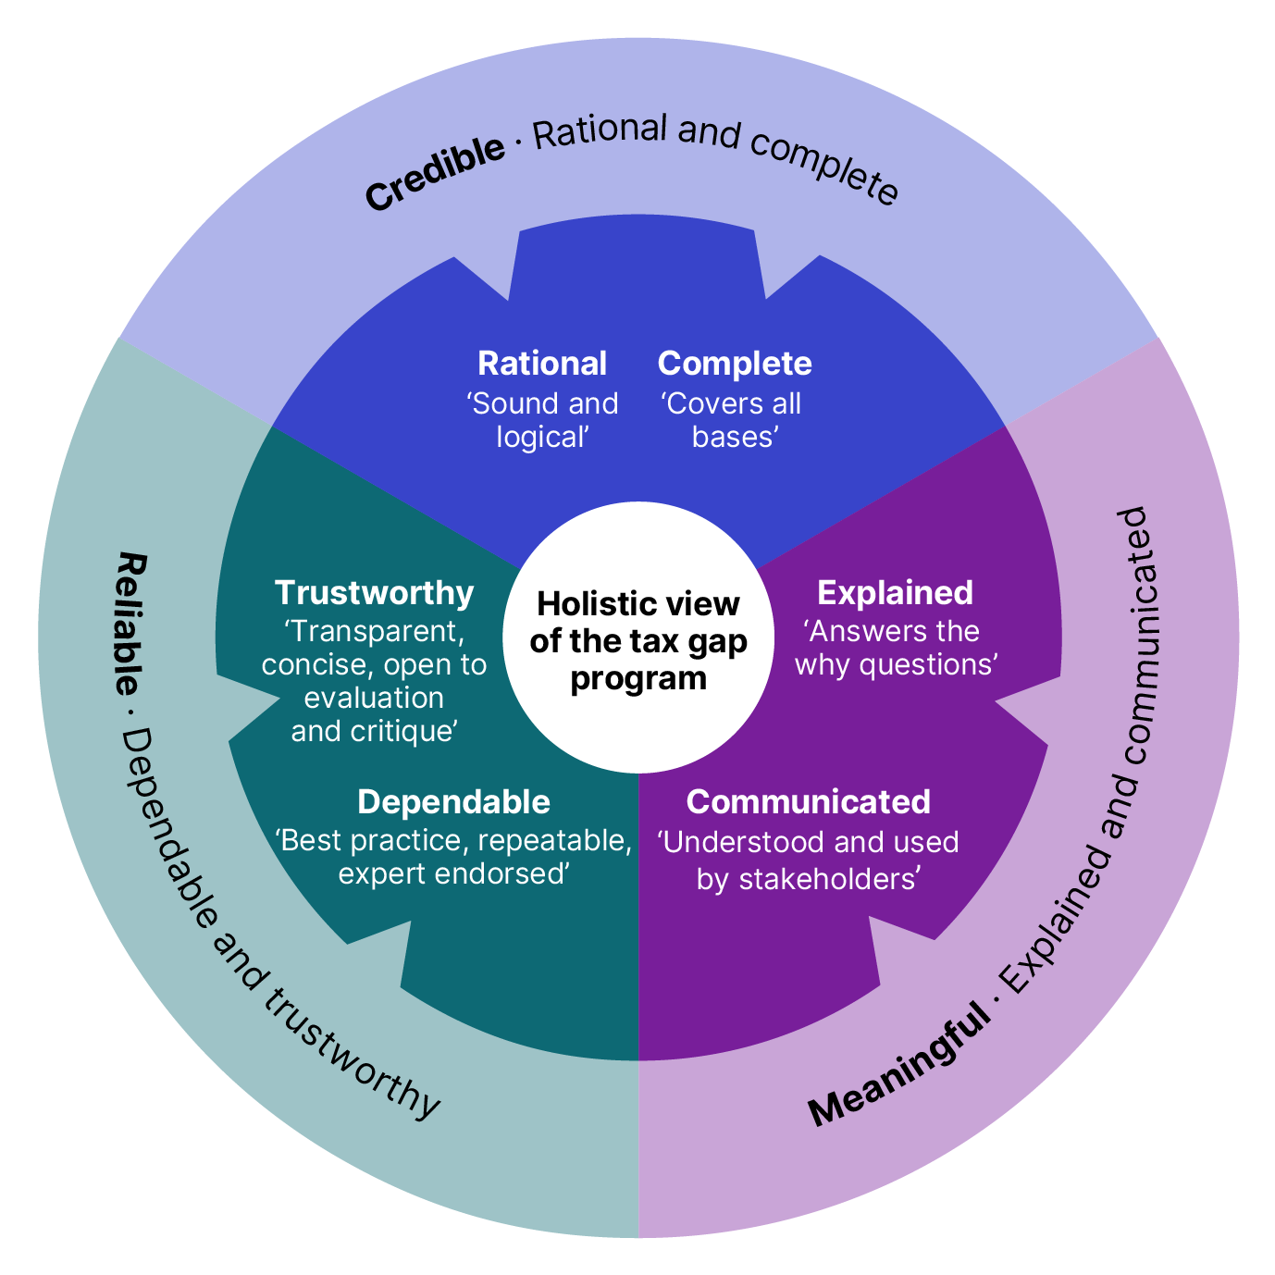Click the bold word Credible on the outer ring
point(435,173)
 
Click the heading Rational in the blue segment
point(542,364)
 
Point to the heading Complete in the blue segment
point(735,364)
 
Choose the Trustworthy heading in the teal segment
point(375,593)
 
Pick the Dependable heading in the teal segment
point(453,802)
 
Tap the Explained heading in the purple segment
point(895,593)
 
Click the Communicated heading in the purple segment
point(808,802)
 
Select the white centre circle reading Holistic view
point(638,638)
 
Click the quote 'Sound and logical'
point(542,420)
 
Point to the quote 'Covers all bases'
point(732,420)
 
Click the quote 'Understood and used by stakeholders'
point(808,860)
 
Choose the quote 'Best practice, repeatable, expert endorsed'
point(453,857)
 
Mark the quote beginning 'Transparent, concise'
point(375,681)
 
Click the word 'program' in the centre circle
point(638,678)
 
